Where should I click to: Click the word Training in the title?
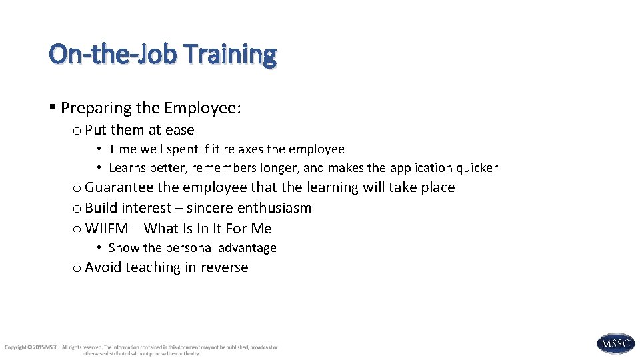click(231, 55)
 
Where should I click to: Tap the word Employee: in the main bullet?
click(203, 108)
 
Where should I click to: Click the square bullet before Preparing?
click(53, 107)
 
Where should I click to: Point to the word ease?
click(180, 130)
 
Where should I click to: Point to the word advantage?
click(251, 248)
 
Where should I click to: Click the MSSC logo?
click(615, 343)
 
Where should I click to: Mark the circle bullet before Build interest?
click(77, 209)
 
